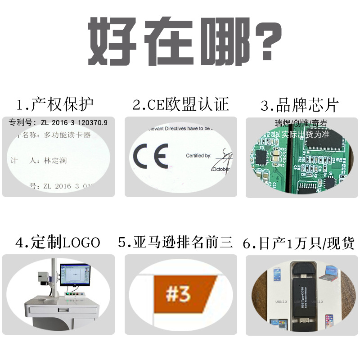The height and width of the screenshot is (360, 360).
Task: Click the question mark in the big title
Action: tap(266, 41)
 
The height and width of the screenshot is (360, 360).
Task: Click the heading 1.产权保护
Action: tap(55, 105)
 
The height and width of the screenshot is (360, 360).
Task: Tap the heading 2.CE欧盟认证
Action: tap(180, 105)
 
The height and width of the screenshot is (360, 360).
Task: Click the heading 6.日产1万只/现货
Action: tap(298, 243)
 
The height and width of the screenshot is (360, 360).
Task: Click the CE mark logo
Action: tap(151, 156)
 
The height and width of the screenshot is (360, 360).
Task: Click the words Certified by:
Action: tap(198, 156)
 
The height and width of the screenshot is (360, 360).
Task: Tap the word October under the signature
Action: tap(220, 170)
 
